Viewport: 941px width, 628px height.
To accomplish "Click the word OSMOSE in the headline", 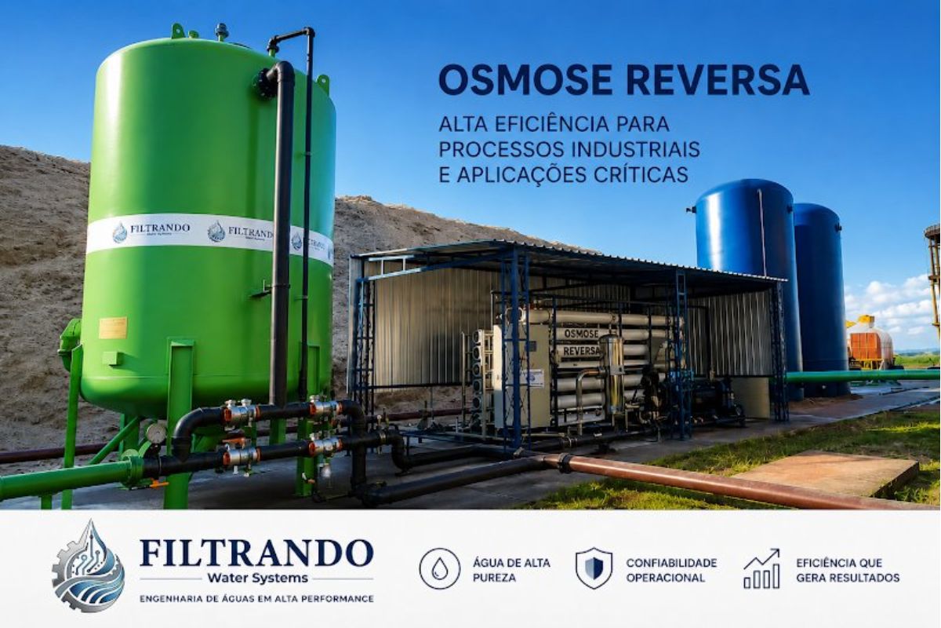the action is (x=525, y=80).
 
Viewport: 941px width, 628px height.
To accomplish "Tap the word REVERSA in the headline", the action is (x=718, y=80).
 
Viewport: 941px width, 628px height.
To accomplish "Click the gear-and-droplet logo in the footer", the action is (x=88, y=566).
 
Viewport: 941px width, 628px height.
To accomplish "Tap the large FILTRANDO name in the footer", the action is (x=256, y=553).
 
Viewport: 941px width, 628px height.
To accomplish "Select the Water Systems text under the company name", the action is (x=257, y=578).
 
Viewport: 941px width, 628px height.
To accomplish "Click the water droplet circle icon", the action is (x=439, y=568).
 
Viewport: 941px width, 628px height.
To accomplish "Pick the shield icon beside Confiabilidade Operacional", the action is (x=594, y=568).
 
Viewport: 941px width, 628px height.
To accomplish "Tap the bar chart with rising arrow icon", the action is (x=761, y=568).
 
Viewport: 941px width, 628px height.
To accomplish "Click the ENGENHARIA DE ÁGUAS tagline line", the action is (x=256, y=598).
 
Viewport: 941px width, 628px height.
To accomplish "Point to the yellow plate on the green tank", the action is (x=113, y=328).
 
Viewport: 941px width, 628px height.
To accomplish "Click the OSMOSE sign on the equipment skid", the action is (x=581, y=334).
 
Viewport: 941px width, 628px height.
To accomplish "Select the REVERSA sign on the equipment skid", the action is (x=581, y=350).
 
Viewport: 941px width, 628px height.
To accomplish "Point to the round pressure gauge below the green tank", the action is (x=156, y=433).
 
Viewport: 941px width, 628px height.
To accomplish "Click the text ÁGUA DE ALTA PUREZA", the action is (x=511, y=570).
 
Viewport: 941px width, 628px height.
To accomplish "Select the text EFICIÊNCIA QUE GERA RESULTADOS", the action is (x=848, y=570).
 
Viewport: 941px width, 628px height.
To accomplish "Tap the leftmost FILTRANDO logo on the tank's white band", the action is (x=151, y=231).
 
